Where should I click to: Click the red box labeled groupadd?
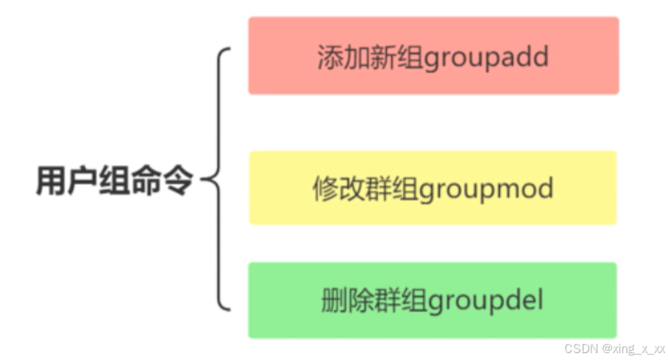pos(433,55)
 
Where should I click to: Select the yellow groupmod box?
pos(433,187)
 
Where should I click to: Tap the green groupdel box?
pos(433,299)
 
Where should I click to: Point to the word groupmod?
pos(488,189)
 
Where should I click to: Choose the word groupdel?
pos(484,301)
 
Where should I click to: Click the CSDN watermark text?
pos(580,348)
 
